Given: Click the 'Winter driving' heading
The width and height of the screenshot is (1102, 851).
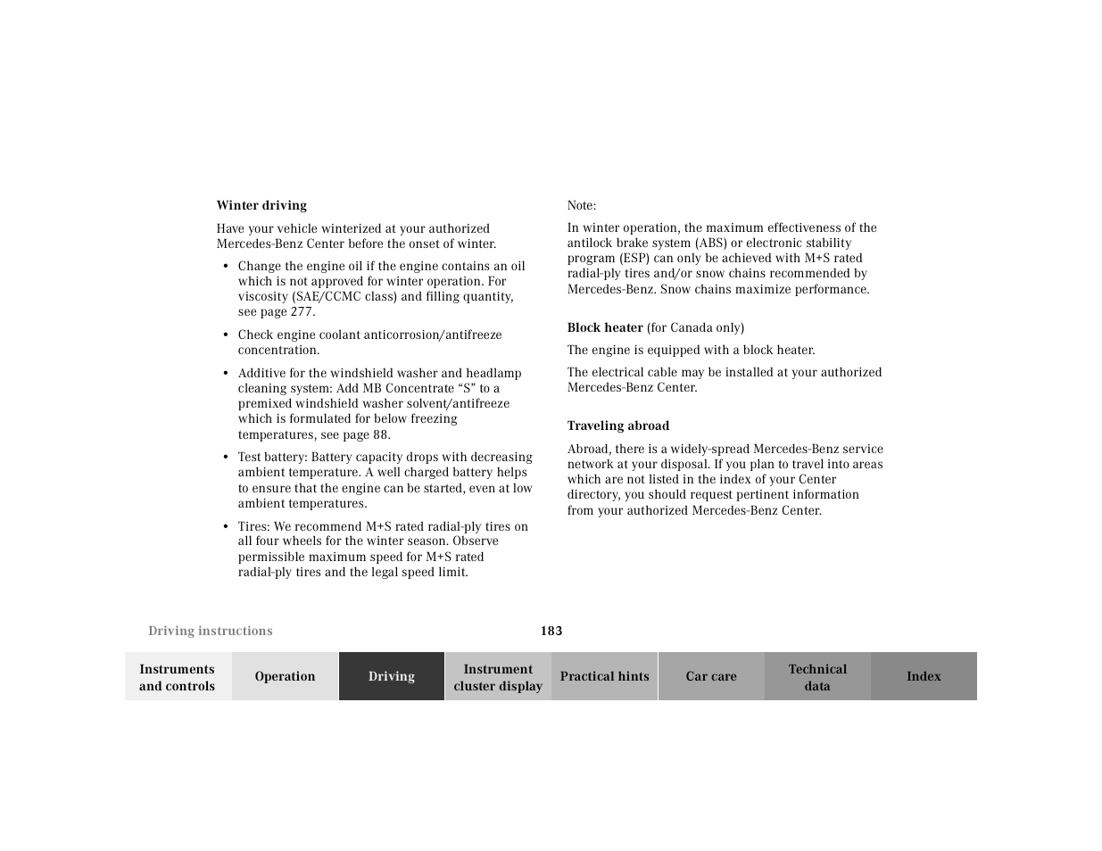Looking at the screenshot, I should (261, 205).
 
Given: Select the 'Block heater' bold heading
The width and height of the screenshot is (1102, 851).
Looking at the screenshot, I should (605, 327).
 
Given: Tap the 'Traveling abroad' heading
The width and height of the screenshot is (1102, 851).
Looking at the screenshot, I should (617, 425).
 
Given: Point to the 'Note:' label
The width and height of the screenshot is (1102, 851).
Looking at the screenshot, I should (582, 205).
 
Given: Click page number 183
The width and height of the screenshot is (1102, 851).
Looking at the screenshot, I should (551, 631).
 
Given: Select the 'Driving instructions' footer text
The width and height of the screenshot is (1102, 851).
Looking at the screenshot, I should (211, 631).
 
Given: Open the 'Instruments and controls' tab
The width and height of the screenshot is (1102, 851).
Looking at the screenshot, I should (178, 677).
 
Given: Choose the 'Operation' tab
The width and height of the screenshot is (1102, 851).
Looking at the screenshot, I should (285, 676).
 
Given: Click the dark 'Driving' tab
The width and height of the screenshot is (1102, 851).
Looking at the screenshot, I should (392, 676).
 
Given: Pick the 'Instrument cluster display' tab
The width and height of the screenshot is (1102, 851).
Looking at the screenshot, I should (498, 677).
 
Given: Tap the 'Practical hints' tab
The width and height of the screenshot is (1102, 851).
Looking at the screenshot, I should (604, 676).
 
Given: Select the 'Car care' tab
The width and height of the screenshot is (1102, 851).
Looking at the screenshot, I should (711, 676).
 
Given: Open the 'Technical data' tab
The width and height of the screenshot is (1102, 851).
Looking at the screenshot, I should (817, 677).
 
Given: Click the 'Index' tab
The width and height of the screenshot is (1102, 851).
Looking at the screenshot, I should (924, 676).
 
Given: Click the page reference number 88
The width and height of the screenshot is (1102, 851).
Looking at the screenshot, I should (380, 434).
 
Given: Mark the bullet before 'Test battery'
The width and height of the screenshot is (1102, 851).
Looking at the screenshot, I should (227, 458).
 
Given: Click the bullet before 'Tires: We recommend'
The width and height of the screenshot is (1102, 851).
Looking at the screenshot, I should (227, 527).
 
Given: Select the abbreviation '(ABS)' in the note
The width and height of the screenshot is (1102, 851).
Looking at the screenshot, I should (708, 243).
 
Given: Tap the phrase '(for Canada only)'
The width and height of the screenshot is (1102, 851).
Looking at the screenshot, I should (695, 327).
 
